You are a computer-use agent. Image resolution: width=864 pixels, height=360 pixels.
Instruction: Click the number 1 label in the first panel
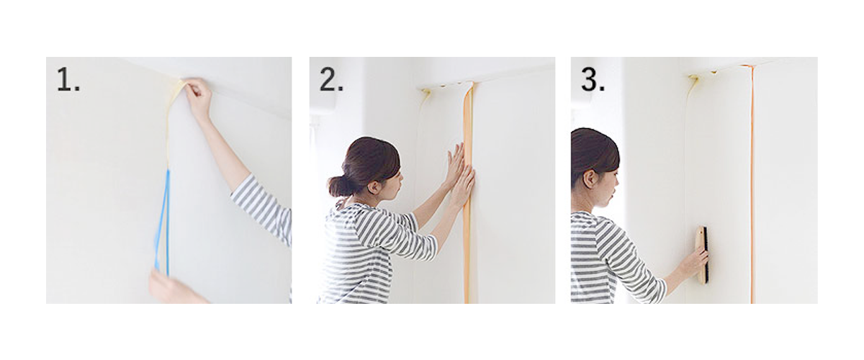pyautogui.click(x=68, y=81)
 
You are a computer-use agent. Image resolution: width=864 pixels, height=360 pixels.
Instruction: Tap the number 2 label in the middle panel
pyautogui.click(x=331, y=81)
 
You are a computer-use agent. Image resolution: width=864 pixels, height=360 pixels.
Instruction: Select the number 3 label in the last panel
pyautogui.click(x=593, y=81)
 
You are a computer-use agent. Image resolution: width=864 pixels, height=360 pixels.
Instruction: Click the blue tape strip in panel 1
pyautogui.click(x=164, y=223)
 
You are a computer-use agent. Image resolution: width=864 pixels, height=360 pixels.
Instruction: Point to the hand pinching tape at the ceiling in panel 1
pyautogui.click(x=198, y=97)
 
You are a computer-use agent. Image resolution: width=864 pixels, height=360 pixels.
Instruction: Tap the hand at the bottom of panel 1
pyautogui.click(x=169, y=288)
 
